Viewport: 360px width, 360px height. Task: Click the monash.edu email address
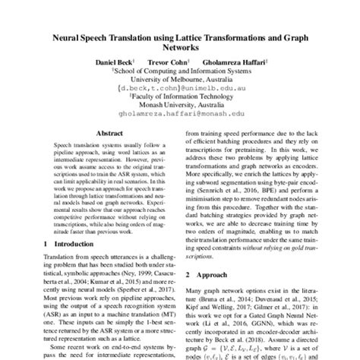click(180, 116)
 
